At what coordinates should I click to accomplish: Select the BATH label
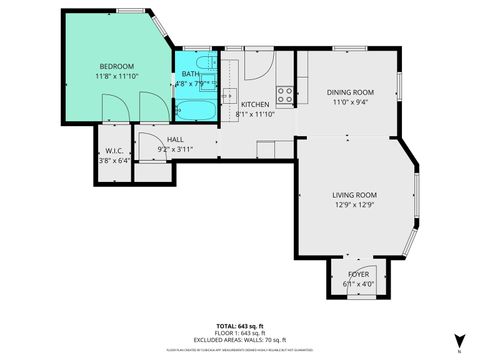pos(190,75)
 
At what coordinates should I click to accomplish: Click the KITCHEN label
pos(253,104)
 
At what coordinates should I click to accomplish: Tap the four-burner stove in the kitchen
pos(284,96)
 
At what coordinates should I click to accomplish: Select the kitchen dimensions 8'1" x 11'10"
pos(253,114)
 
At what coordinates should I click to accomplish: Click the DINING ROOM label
pos(349,91)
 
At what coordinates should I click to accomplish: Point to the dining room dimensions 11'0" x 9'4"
pos(349,101)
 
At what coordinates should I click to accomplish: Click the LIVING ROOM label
pos(354,195)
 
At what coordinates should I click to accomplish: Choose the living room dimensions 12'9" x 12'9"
pos(354,205)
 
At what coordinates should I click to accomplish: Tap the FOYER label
pos(357,273)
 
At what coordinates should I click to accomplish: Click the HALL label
pos(175,139)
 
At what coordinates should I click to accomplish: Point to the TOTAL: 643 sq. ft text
pos(239,326)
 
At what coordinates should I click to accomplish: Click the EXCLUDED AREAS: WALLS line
pos(239,341)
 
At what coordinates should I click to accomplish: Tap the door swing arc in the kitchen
pos(257,68)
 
